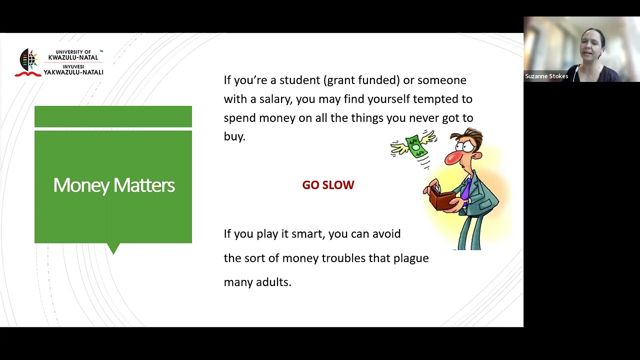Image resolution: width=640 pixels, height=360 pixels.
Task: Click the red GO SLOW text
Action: pyautogui.click(x=328, y=185)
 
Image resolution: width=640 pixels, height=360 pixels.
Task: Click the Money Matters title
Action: pyautogui.click(x=113, y=185)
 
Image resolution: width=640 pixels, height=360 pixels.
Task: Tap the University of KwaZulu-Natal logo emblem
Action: pyautogui.click(x=28, y=62)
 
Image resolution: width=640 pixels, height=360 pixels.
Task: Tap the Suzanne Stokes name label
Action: pyautogui.click(x=546, y=76)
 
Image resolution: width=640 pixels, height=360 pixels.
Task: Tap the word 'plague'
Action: pyautogui.click(x=411, y=258)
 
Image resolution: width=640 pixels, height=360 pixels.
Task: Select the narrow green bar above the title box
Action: pyautogui.click(x=113, y=116)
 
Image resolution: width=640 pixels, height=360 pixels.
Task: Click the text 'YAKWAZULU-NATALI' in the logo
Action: pyautogui.click(x=73, y=72)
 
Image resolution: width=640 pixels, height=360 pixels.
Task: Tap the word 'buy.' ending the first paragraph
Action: pyautogui.click(x=234, y=137)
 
